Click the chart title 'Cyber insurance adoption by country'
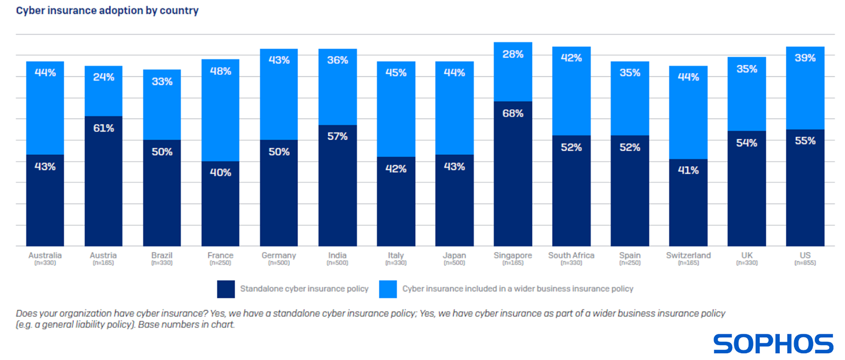(x=107, y=10)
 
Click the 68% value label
(x=513, y=113)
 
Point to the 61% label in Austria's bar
(x=103, y=128)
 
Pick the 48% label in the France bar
(x=221, y=71)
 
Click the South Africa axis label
(x=571, y=255)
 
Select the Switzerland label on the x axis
(x=688, y=255)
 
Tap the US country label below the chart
(x=805, y=255)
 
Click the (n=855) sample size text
(x=805, y=263)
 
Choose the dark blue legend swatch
(x=226, y=289)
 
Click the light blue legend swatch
(x=388, y=289)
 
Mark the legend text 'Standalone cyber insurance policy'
(x=304, y=289)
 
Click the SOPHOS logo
(x=773, y=343)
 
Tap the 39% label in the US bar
(x=805, y=58)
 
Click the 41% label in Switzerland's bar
(x=688, y=170)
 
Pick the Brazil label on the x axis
(x=162, y=255)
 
